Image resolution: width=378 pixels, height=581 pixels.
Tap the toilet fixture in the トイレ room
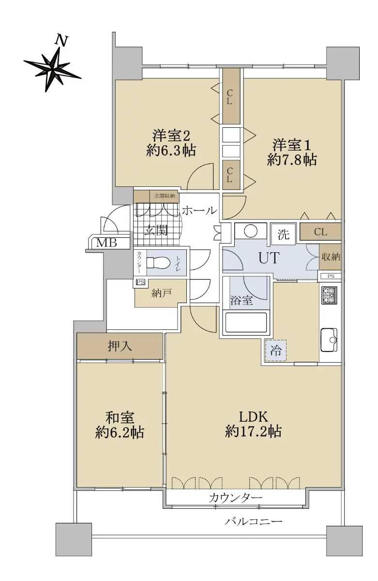[158, 262]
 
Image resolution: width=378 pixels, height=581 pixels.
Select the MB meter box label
[106, 243]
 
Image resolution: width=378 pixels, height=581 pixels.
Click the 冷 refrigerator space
[275, 351]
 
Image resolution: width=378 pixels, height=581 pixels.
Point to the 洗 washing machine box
[283, 234]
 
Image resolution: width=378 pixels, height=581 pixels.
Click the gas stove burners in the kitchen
[329, 295]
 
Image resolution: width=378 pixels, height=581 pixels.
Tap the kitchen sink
[329, 339]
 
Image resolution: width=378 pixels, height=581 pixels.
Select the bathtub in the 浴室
[246, 322]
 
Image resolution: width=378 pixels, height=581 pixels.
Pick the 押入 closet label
[120, 346]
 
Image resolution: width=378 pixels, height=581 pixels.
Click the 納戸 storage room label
[161, 293]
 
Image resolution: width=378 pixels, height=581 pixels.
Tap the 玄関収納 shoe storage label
[165, 196]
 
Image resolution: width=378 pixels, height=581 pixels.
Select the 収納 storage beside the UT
[331, 257]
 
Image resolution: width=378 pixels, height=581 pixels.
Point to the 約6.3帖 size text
[171, 150]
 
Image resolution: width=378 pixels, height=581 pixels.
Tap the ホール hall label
[199, 210]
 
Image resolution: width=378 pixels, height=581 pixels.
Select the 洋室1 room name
[291, 145]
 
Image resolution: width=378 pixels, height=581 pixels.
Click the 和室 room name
[120, 418]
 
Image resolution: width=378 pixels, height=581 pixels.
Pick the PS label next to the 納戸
[140, 282]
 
